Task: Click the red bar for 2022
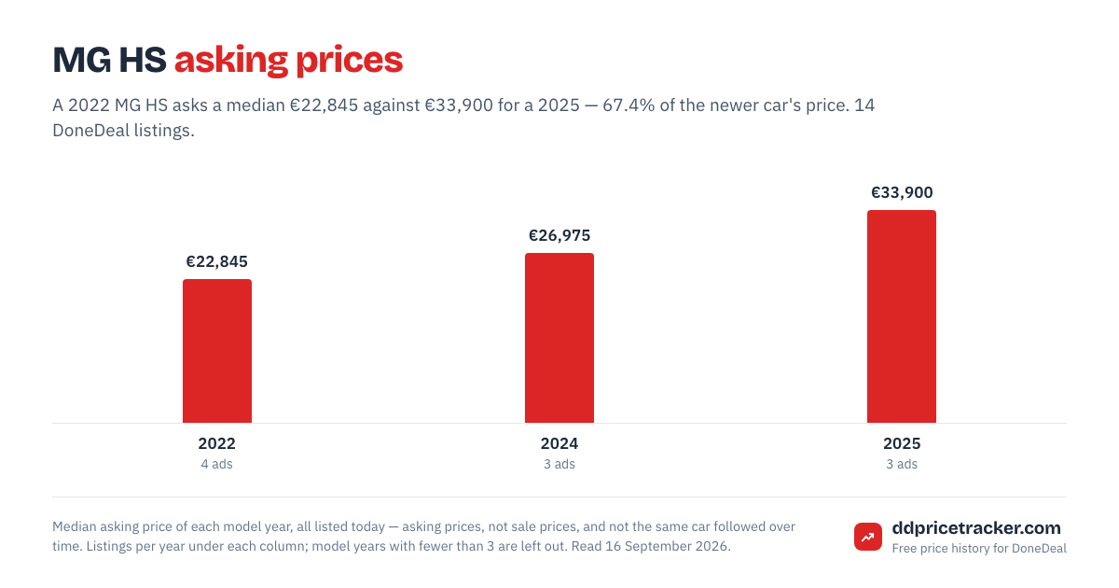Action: [216, 351]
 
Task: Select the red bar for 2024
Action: [559, 338]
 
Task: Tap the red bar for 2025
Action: [901, 316]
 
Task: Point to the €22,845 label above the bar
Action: [216, 261]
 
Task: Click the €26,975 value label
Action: [559, 235]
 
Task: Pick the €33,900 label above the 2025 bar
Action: [902, 192]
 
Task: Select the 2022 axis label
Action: [216, 443]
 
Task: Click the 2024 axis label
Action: [559, 443]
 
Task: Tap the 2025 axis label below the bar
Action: [902, 443]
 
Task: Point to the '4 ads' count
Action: [216, 465]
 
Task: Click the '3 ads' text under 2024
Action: [559, 465]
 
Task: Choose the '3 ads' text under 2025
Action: [902, 465]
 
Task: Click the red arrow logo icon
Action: [868, 537]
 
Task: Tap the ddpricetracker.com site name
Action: [976, 528]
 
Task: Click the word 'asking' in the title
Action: [231, 61]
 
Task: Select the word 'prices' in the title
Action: [349, 61]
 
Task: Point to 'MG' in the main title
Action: [82, 60]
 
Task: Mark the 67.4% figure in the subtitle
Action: [629, 105]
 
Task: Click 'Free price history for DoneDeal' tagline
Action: [979, 549]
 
